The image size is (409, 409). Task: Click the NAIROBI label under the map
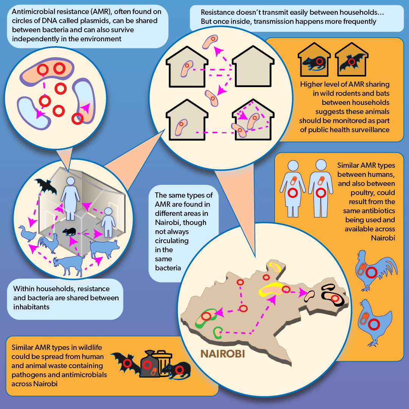pyautogui.click(x=223, y=354)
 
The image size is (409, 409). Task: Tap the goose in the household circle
pyautogui.click(x=27, y=234)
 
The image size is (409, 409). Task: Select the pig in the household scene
pyautogui.click(x=104, y=248)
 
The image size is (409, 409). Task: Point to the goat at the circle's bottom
pyautogui.click(x=69, y=265)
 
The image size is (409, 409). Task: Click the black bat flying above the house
pyautogui.click(x=46, y=186)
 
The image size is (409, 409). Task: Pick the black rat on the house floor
pyautogui.click(x=69, y=231)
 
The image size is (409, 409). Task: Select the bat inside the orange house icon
pyautogui.click(x=352, y=62)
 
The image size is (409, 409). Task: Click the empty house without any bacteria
pyautogui.click(x=253, y=67)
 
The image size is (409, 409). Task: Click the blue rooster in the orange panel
pyautogui.click(x=376, y=270)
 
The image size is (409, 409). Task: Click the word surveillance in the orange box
pyautogui.click(x=370, y=130)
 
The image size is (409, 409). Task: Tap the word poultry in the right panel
pyautogui.click(x=373, y=193)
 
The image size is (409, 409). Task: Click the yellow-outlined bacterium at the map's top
pyautogui.click(x=275, y=267)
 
